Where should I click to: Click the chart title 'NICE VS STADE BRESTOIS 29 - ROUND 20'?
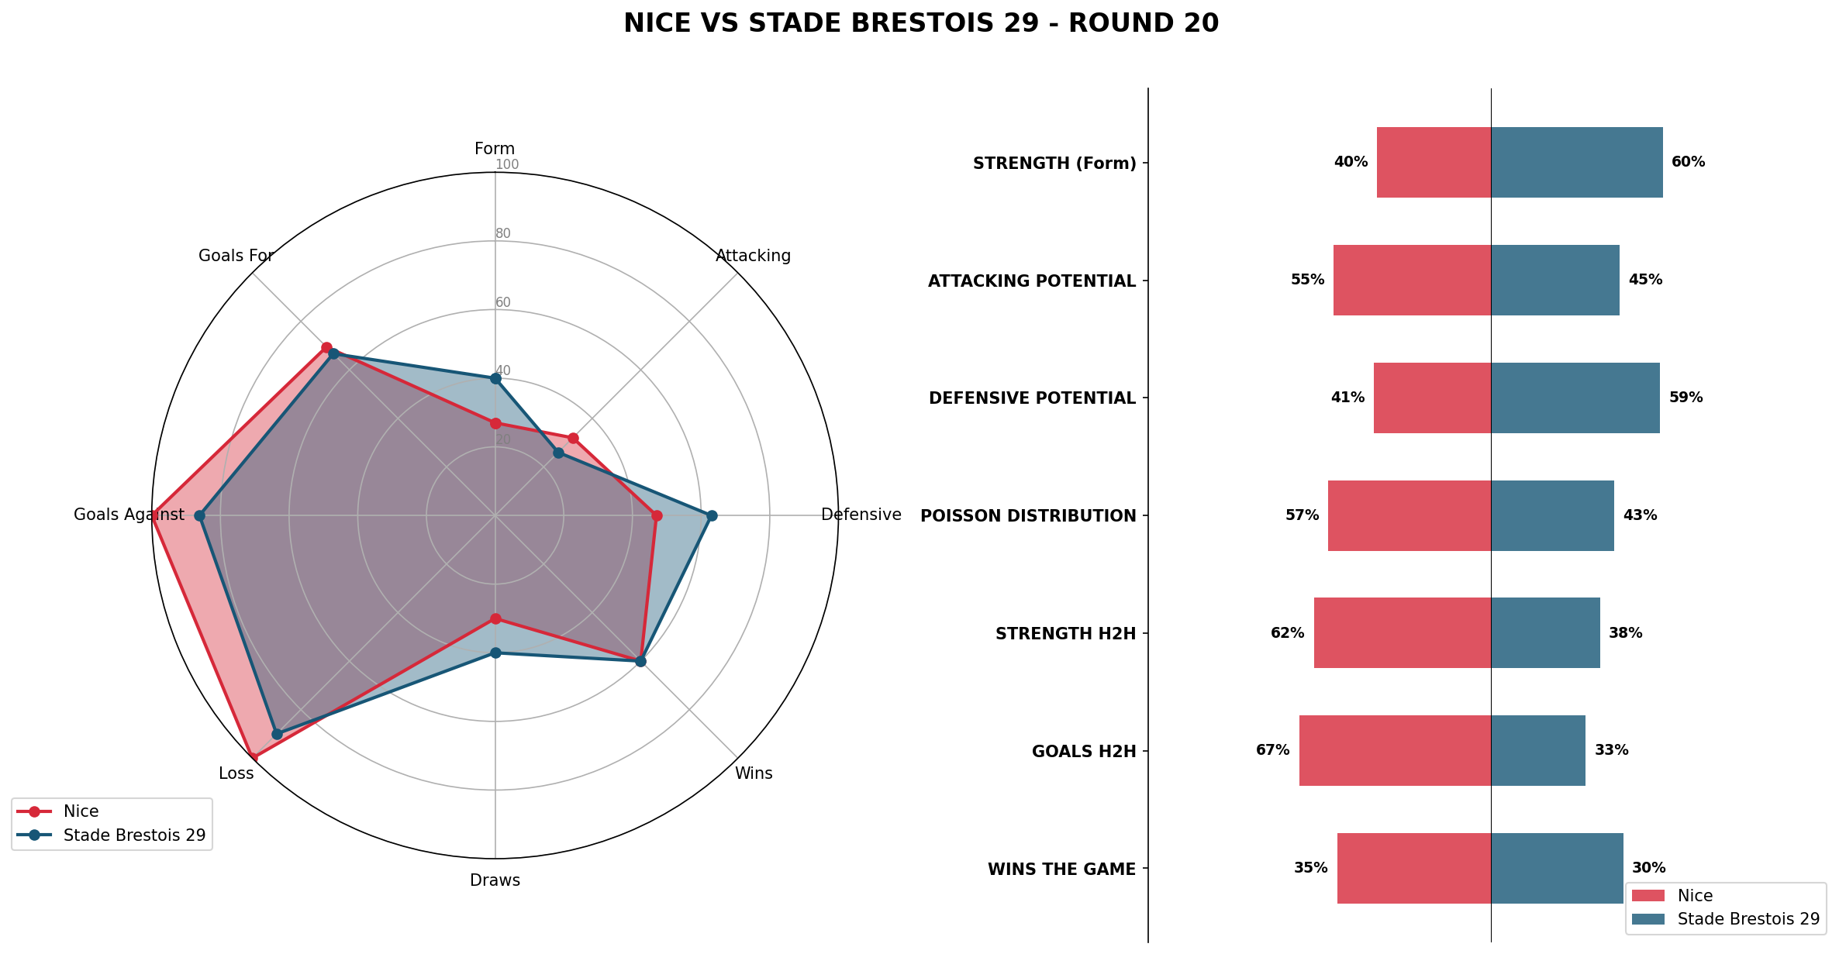(x=921, y=24)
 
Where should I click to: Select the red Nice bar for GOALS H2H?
(x=1395, y=750)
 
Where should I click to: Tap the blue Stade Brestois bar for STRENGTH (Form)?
(x=1576, y=162)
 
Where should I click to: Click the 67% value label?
(x=1272, y=750)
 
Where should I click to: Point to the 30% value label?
(x=1648, y=868)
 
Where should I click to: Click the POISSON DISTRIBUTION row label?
(x=1027, y=516)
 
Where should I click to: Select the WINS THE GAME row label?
(x=1061, y=870)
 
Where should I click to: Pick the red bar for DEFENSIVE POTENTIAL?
(x=1432, y=398)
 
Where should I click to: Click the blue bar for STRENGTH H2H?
(x=1545, y=632)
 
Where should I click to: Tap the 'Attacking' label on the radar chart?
(x=753, y=256)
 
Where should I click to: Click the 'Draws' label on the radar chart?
(x=495, y=880)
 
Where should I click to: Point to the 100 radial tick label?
(x=507, y=164)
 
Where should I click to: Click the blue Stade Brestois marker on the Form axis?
(x=495, y=378)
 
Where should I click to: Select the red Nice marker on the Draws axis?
(x=495, y=618)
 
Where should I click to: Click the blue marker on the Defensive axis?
(x=712, y=515)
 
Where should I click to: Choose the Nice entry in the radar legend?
(x=81, y=811)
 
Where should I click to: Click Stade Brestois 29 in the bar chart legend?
(x=1748, y=919)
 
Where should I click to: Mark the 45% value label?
(x=1645, y=280)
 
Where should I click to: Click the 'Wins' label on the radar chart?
(x=754, y=773)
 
